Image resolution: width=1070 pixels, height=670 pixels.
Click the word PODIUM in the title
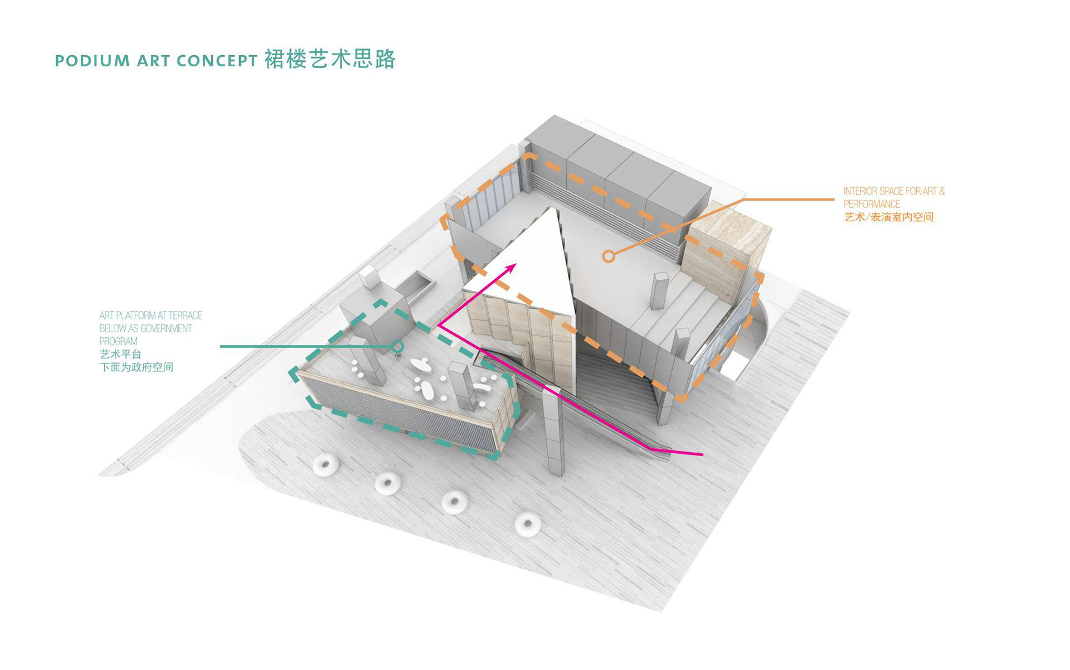93,61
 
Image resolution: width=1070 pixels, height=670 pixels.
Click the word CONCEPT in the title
217,61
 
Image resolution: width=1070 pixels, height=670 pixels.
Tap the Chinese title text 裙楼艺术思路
330,59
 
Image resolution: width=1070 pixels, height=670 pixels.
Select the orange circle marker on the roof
609,256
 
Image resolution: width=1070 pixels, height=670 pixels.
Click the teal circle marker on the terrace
397,347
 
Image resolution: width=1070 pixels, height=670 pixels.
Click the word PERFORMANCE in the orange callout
872,204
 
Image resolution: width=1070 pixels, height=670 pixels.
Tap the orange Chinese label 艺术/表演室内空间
888,217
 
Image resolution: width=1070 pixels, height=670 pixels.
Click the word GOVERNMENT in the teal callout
166,328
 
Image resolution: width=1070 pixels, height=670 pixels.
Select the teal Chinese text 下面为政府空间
137,367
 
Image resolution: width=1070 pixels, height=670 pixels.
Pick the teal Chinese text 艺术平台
120,355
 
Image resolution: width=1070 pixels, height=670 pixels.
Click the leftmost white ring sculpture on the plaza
325,465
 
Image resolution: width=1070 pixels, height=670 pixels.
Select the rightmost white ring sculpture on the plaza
527,524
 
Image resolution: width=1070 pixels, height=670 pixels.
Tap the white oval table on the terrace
429,390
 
